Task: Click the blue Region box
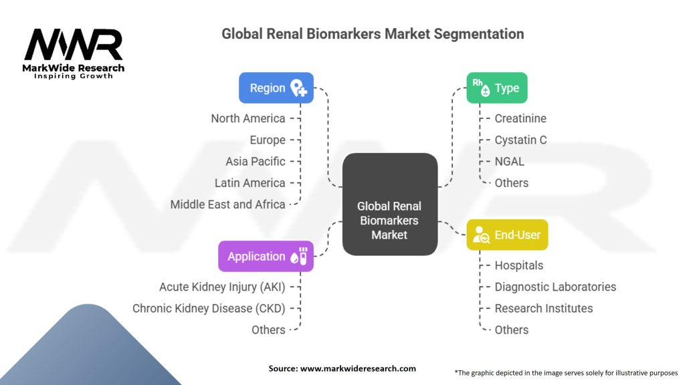tap(276, 88)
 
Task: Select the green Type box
tap(496, 88)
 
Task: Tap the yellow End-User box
tap(507, 235)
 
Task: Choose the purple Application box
tap(266, 256)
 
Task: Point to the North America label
tap(248, 118)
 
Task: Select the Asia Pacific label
tap(256, 161)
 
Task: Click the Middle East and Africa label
tap(227, 204)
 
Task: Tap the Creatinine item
tap(520, 118)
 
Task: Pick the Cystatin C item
tap(520, 140)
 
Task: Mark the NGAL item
tap(510, 161)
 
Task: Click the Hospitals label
tap(519, 265)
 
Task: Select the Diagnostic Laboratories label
tap(555, 287)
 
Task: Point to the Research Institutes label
tap(544, 308)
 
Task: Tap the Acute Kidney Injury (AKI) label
tap(222, 287)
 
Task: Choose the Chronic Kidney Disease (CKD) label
tap(209, 308)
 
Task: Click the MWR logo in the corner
tap(74, 52)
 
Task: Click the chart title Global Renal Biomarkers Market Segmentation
tap(373, 33)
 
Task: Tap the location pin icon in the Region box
tap(298, 88)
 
